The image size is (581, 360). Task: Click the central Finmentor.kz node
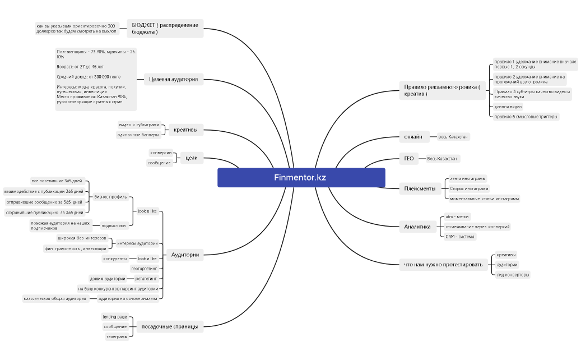301,177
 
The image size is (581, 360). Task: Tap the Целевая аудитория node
173,80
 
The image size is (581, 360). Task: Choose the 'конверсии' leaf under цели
160,153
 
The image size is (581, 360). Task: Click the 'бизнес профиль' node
111,197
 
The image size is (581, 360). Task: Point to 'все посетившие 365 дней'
57,181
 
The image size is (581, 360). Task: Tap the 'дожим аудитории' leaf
107,278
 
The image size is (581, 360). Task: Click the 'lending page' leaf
114,317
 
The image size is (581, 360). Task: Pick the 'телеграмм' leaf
117,336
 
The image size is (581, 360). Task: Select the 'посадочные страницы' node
170,326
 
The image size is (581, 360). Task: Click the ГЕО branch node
408,159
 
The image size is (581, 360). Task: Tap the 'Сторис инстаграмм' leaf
470,188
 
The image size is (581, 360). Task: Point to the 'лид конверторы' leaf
513,275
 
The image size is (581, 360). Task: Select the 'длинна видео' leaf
508,106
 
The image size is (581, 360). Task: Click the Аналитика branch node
417,227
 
